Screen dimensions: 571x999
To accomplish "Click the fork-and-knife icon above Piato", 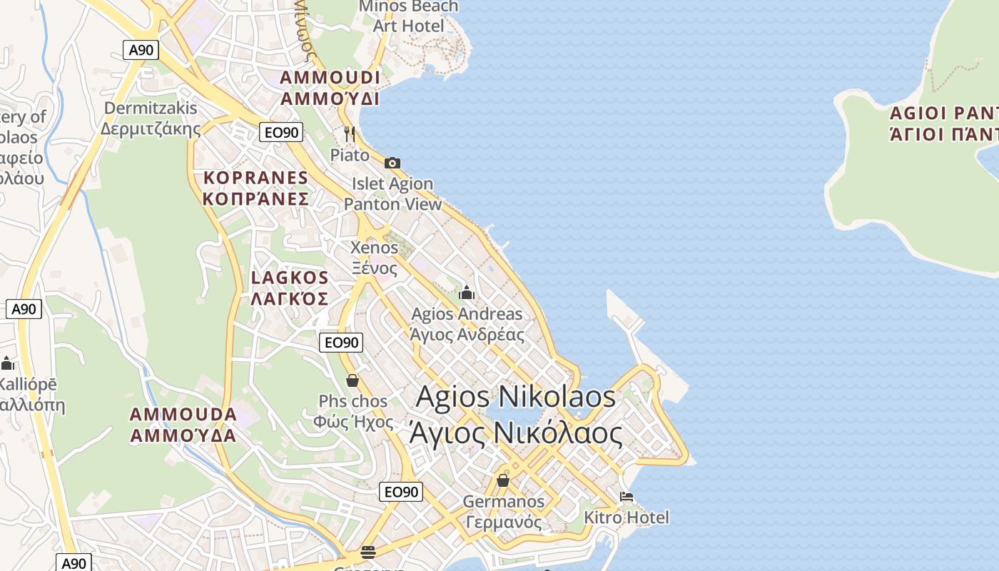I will (350, 133).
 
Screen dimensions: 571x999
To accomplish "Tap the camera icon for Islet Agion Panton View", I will (392, 163).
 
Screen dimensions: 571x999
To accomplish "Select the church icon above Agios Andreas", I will (467, 293).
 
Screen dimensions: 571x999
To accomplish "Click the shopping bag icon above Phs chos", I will (353, 380).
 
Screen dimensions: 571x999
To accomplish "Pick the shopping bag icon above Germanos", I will (503, 480).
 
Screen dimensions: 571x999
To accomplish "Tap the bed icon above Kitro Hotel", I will (627, 497).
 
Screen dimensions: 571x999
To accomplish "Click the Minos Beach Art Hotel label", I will (409, 16).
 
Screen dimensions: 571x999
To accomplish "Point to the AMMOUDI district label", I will (330, 88).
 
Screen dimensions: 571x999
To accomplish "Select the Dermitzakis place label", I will (151, 118).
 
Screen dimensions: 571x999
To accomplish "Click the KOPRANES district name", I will (255, 188).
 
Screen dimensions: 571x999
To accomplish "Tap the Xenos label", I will (374, 258).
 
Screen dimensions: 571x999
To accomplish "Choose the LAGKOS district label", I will (290, 288).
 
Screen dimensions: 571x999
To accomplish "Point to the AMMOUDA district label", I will (183, 425).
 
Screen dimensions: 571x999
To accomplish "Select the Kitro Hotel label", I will (627, 517).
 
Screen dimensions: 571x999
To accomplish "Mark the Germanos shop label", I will (503, 512).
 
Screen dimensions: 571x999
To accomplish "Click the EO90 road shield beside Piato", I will (280, 132).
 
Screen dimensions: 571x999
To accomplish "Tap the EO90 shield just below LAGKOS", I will (340, 343).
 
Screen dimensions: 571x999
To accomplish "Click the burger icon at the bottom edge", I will (368, 552).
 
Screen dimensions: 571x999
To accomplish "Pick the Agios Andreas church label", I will (467, 324).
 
